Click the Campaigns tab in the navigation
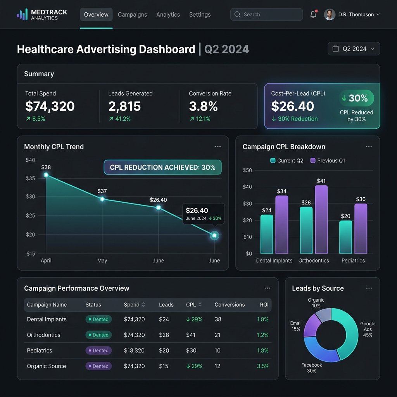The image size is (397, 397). click(132, 15)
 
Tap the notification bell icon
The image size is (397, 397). click(313, 14)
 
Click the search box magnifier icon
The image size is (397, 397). click(237, 14)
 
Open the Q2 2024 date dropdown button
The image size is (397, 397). click(354, 48)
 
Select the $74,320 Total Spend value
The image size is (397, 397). click(50, 106)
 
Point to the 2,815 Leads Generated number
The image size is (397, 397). click(124, 106)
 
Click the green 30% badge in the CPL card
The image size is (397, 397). click(357, 98)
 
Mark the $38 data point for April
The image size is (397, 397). click(46, 175)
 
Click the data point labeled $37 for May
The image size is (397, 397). click(102, 199)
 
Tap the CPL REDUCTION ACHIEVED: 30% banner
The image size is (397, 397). click(162, 167)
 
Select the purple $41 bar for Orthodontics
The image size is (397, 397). click(321, 219)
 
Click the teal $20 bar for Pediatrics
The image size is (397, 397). click(345, 237)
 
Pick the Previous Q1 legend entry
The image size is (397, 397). click(328, 161)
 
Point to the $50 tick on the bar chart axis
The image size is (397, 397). click(247, 170)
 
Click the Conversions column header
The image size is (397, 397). click(230, 305)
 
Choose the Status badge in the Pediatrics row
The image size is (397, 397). click(98, 350)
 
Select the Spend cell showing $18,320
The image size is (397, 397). click(134, 350)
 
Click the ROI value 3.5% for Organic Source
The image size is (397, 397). click(262, 366)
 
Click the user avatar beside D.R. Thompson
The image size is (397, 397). click(330, 14)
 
